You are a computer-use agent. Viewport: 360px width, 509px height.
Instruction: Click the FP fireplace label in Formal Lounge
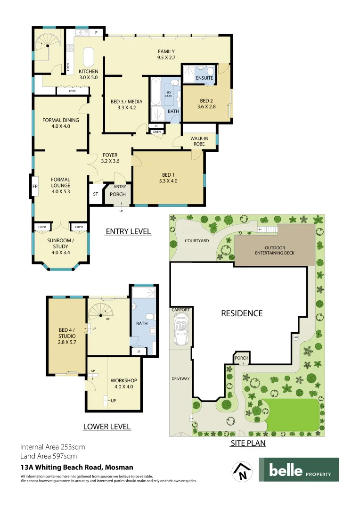(34, 186)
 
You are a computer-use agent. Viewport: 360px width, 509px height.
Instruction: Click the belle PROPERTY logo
(299, 470)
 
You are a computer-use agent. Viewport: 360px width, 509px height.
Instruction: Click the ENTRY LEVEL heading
(128, 231)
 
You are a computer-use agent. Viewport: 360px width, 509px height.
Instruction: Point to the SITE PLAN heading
(248, 443)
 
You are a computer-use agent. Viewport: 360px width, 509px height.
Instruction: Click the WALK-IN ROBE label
(200, 141)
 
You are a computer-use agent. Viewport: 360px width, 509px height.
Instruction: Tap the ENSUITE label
(205, 78)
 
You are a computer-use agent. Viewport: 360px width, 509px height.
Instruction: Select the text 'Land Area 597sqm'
(49, 456)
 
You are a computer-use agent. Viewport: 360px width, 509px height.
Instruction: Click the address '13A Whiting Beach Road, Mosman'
(77, 468)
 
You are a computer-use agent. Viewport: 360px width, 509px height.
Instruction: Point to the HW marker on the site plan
(296, 337)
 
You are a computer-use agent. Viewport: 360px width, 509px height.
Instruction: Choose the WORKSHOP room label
(123, 380)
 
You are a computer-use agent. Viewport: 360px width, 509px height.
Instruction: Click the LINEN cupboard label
(156, 132)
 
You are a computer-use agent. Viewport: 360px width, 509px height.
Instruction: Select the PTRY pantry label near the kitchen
(72, 91)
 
